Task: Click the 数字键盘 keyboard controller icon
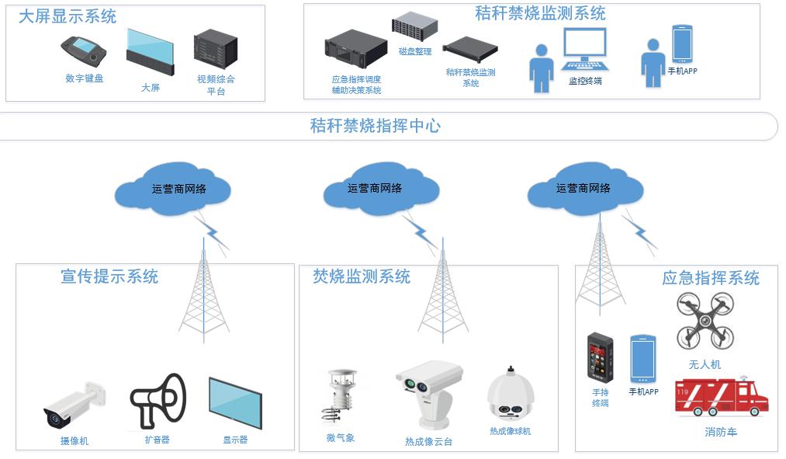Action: pos(84,51)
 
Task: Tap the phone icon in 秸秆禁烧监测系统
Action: pos(682,43)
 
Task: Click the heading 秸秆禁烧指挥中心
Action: pos(376,126)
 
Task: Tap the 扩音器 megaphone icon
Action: pos(158,401)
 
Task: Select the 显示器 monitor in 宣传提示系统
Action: pos(235,404)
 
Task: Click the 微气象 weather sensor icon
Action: pos(340,399)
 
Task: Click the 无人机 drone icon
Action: pos(705,320)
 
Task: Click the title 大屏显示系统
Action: pos(68,16)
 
